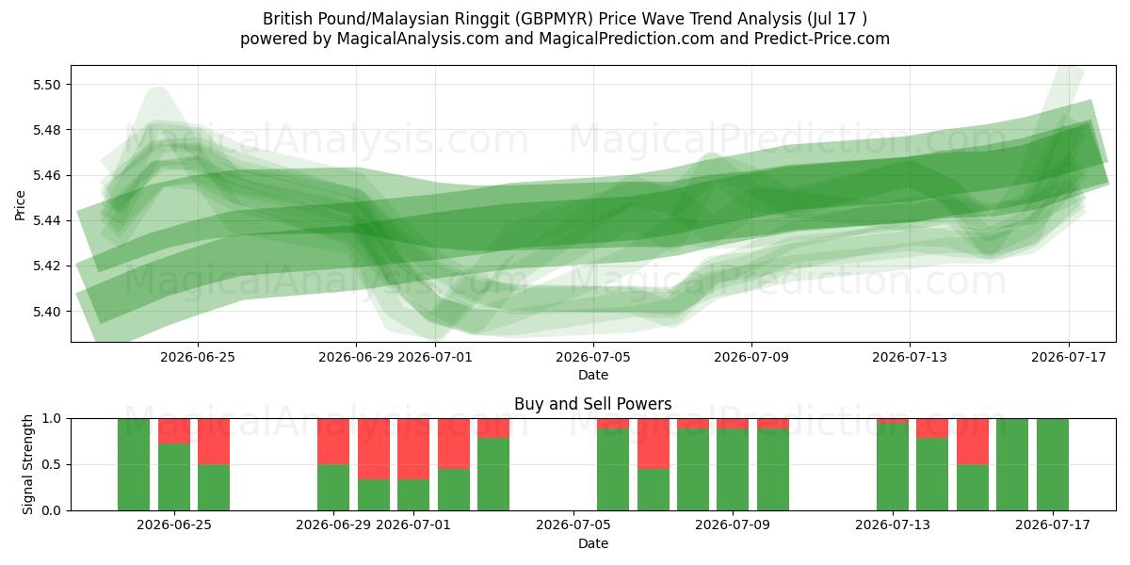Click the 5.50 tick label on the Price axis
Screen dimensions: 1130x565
pos(47,85)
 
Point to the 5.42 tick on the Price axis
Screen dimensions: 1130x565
pos(47,266)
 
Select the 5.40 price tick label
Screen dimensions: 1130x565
pos(47,312)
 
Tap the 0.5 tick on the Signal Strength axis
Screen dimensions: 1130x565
pos(52,464)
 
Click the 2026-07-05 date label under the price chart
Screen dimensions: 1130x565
pos(592,357)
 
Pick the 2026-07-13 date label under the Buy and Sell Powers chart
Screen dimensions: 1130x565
pos(893,525)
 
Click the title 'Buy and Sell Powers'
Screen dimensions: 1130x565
pos(592,404)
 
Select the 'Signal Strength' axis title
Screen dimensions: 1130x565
pos(27,464)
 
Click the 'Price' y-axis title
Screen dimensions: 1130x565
pos(20,205)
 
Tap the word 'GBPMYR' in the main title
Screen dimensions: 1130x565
pos(556,19)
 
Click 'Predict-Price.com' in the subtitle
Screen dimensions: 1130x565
pos(822,39)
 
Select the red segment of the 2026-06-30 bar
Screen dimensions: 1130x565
pos(374,449)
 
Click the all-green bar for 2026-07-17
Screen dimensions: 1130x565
pos(1053,464)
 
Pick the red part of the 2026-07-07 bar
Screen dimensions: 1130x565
pos(654,444)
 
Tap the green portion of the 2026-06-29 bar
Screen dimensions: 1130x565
pos(333,488)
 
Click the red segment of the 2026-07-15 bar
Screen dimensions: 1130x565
pos(973,442)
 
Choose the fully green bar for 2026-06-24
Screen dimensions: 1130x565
pos(134,464)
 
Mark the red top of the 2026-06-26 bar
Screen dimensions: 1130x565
pos(214,442)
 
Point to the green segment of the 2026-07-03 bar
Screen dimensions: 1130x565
pos(493,475)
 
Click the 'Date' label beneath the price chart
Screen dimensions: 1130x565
pos(592,375)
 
